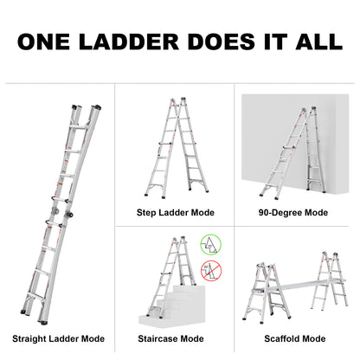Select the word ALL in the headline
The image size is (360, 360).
(x=315, y=42)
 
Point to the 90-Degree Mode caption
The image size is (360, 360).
(x=292, y=210)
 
